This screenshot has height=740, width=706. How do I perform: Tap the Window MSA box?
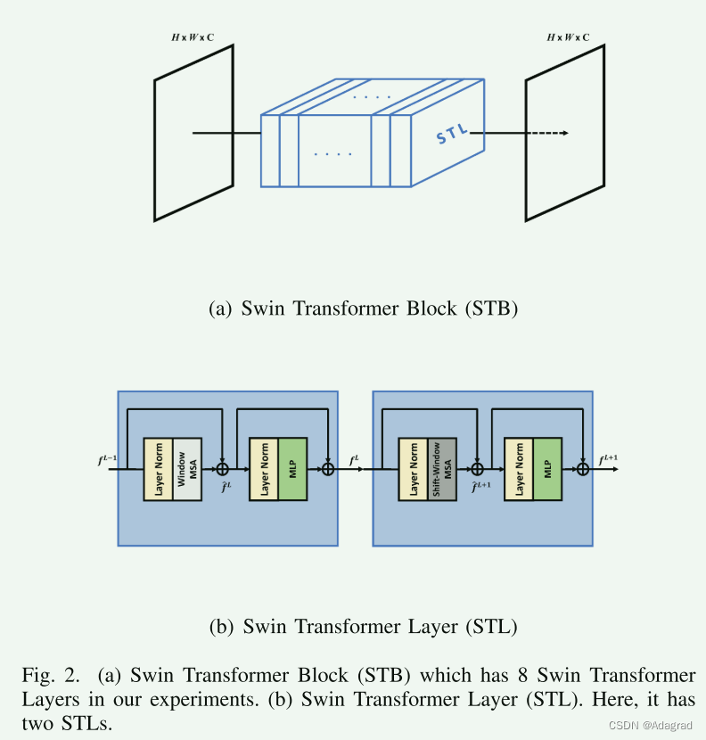[186, 468]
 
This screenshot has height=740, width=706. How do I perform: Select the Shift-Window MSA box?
[441, 468]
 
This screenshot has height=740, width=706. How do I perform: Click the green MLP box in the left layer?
[292, 468]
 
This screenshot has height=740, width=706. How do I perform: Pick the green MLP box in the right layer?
[547, 468]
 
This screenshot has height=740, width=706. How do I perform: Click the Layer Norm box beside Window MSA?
[158, 468]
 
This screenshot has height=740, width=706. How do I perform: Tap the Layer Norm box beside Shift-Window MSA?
[413, 468]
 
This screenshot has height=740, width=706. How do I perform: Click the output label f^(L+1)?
[609, 460]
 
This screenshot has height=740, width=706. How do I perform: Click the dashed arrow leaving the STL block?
[543, 134]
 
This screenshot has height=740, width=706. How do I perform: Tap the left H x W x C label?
[193, 37]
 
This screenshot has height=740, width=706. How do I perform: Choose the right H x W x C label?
[568, 37]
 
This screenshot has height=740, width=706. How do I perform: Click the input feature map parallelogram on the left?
[193, 132]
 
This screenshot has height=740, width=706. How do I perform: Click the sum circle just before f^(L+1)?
[583, 469]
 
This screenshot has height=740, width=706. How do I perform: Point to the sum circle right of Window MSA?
[223, 469]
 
